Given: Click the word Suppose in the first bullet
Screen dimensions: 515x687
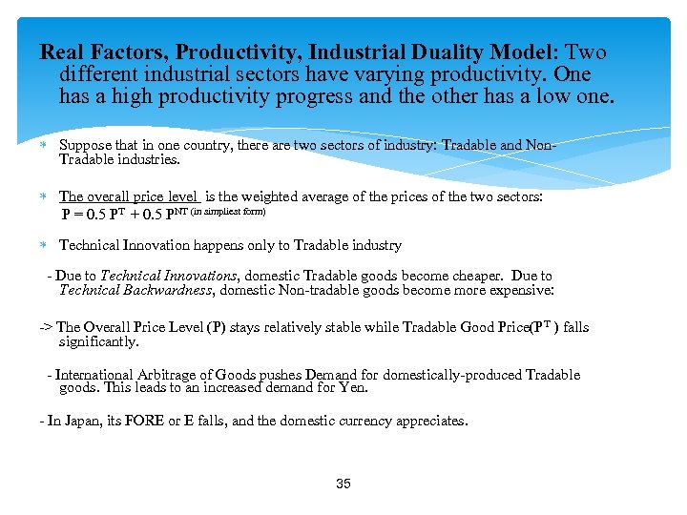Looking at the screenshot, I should pyautogui.click(x=84, y=146).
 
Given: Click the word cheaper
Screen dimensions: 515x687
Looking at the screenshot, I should pyautogui.click(x=449, y=276).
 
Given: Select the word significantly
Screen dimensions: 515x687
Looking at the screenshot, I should pyautogui.click(x=98, y=341).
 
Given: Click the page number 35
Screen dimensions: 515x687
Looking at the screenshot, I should pyautogui.click(x=343, y=484).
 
